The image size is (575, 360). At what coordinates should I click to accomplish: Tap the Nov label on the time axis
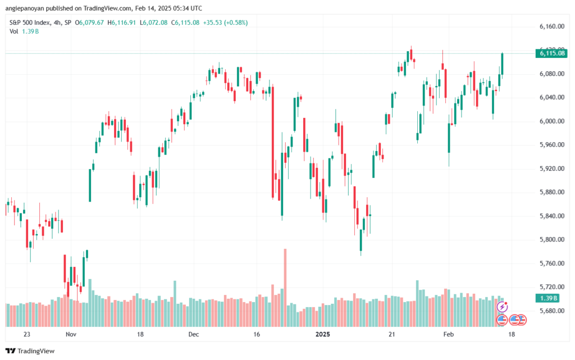(x=70, y=334)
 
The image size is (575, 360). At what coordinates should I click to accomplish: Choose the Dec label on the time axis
(x=194, y=334)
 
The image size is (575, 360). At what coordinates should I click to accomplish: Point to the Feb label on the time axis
(x=448, y=334)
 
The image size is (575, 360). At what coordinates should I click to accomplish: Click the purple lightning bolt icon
(x=503, y=307)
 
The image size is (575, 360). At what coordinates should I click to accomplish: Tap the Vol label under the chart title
(x=14, y=31)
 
